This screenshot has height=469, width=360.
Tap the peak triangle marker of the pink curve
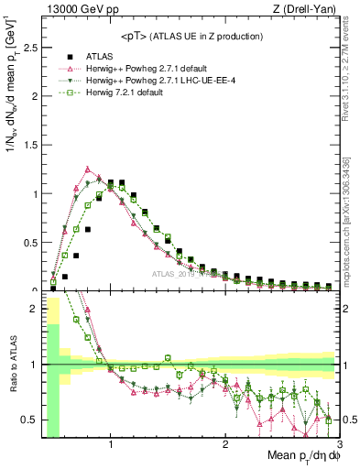pos(87,169)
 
